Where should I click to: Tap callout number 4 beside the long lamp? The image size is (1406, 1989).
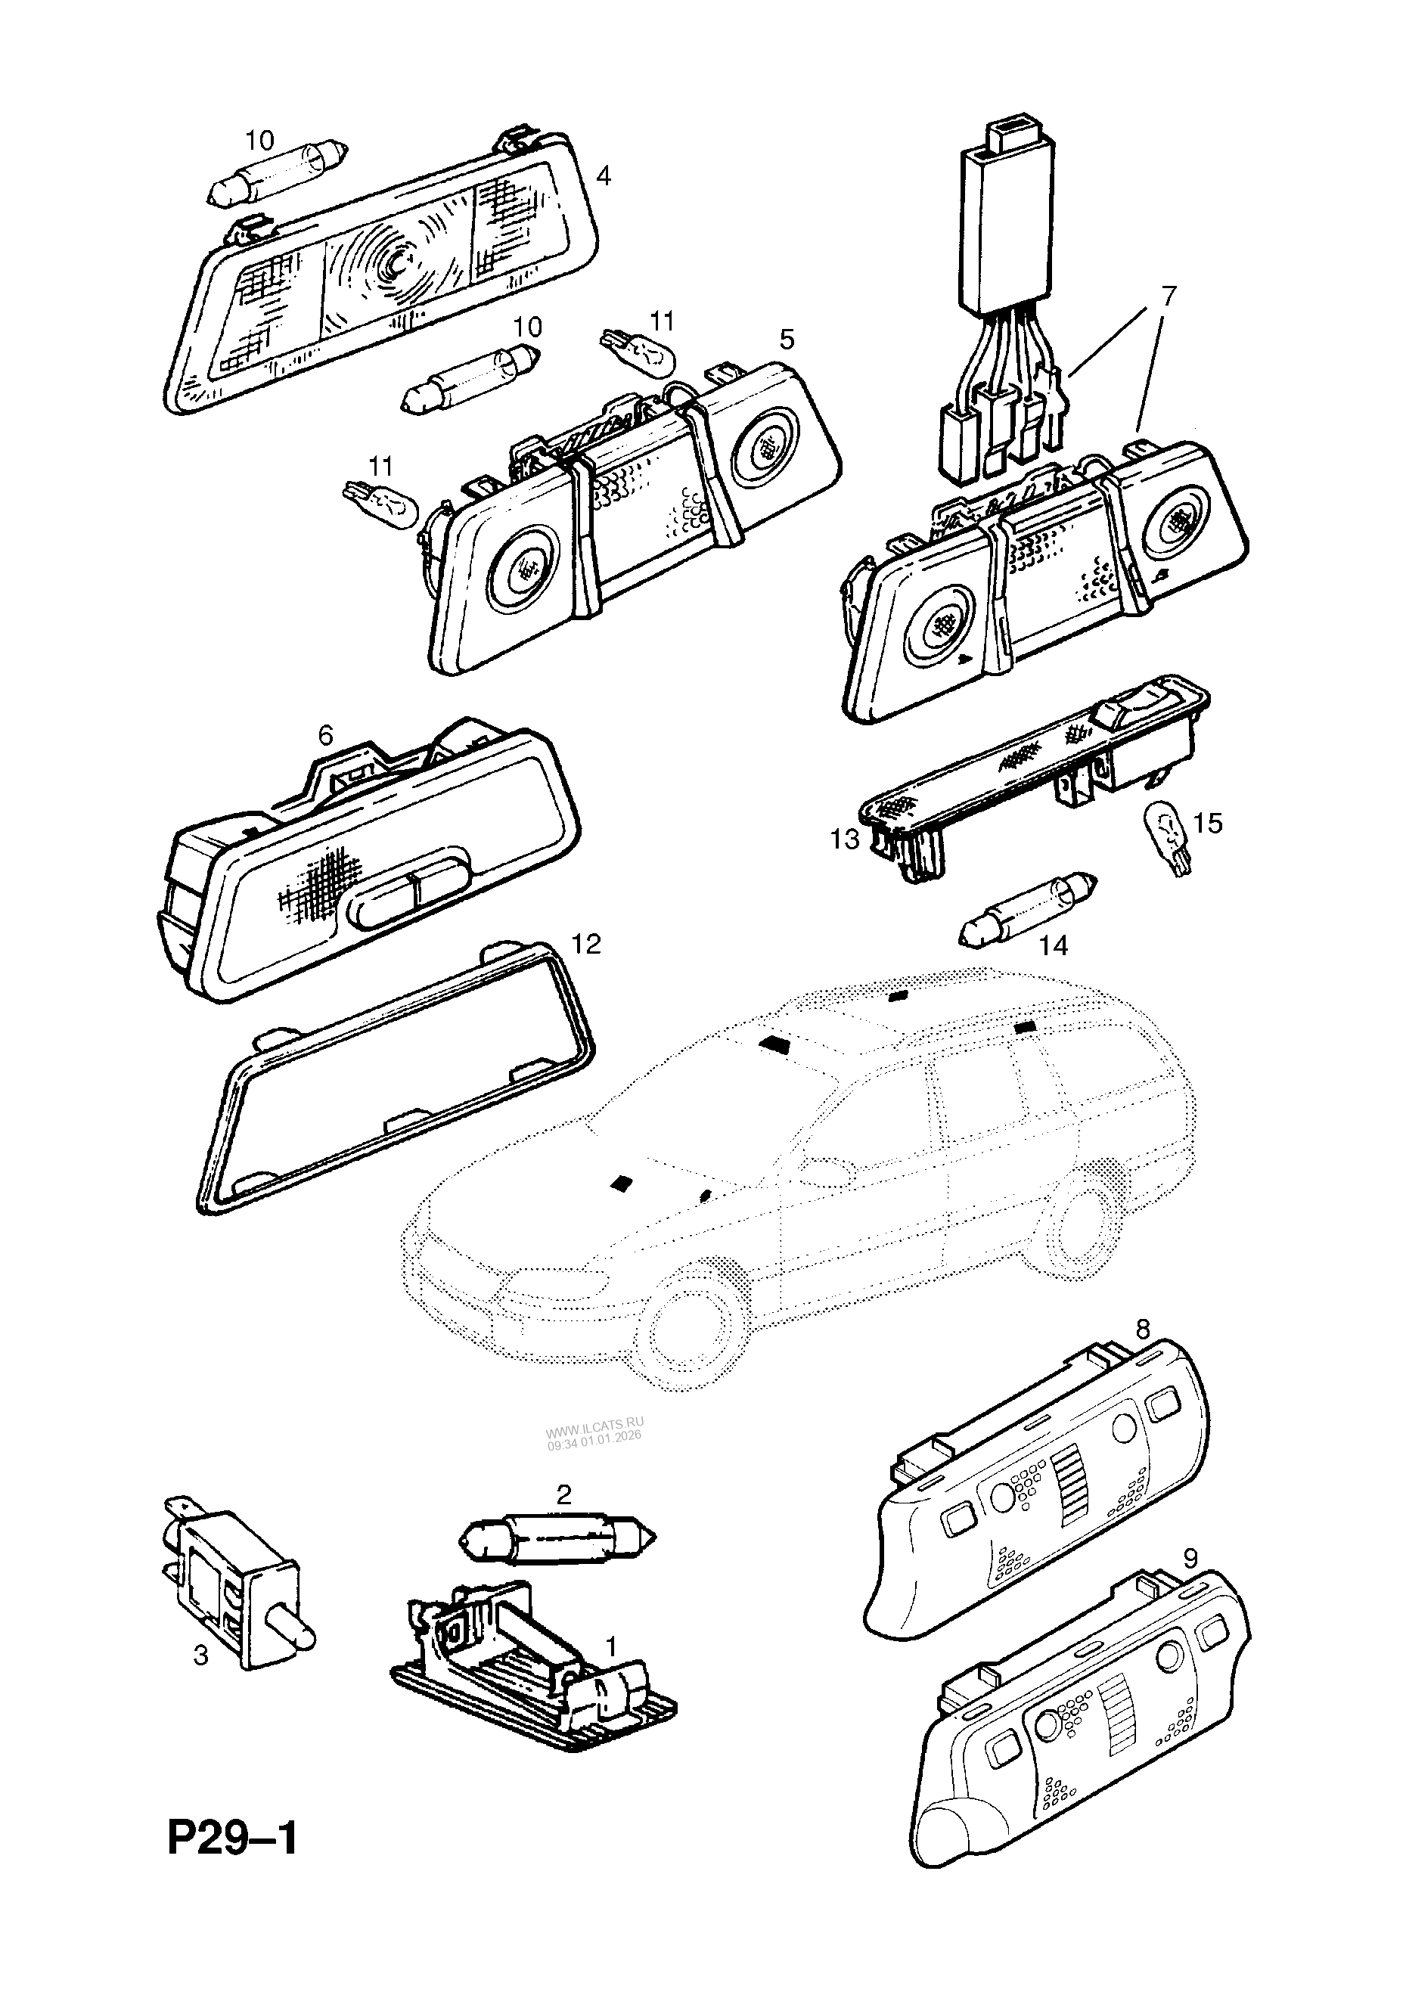[604, 176]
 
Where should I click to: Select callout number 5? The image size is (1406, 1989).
[786, 339]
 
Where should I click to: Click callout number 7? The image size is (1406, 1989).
[1169, 296]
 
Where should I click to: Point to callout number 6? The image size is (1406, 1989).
[325, 736]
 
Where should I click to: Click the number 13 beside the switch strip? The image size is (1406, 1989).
[845, 839]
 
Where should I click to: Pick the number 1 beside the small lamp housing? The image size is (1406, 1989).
[610, 1644]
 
